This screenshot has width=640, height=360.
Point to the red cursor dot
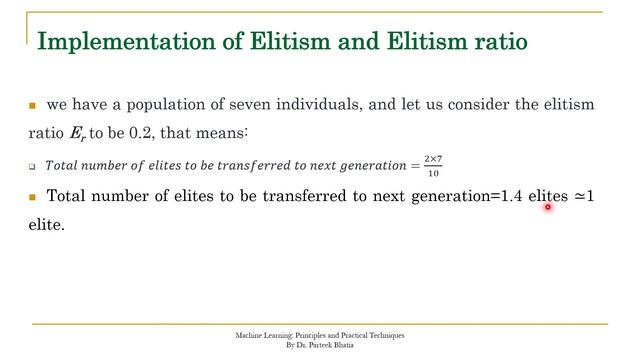point(548,208)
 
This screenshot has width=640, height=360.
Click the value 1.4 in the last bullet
point(514,196)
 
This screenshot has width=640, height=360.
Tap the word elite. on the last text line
point(46,226)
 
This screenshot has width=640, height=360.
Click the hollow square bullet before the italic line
point(32,165)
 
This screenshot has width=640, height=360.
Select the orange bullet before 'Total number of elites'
point(32,197)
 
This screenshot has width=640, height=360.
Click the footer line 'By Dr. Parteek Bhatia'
point(320,345)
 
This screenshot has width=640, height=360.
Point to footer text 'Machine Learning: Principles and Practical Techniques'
point(320,335)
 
